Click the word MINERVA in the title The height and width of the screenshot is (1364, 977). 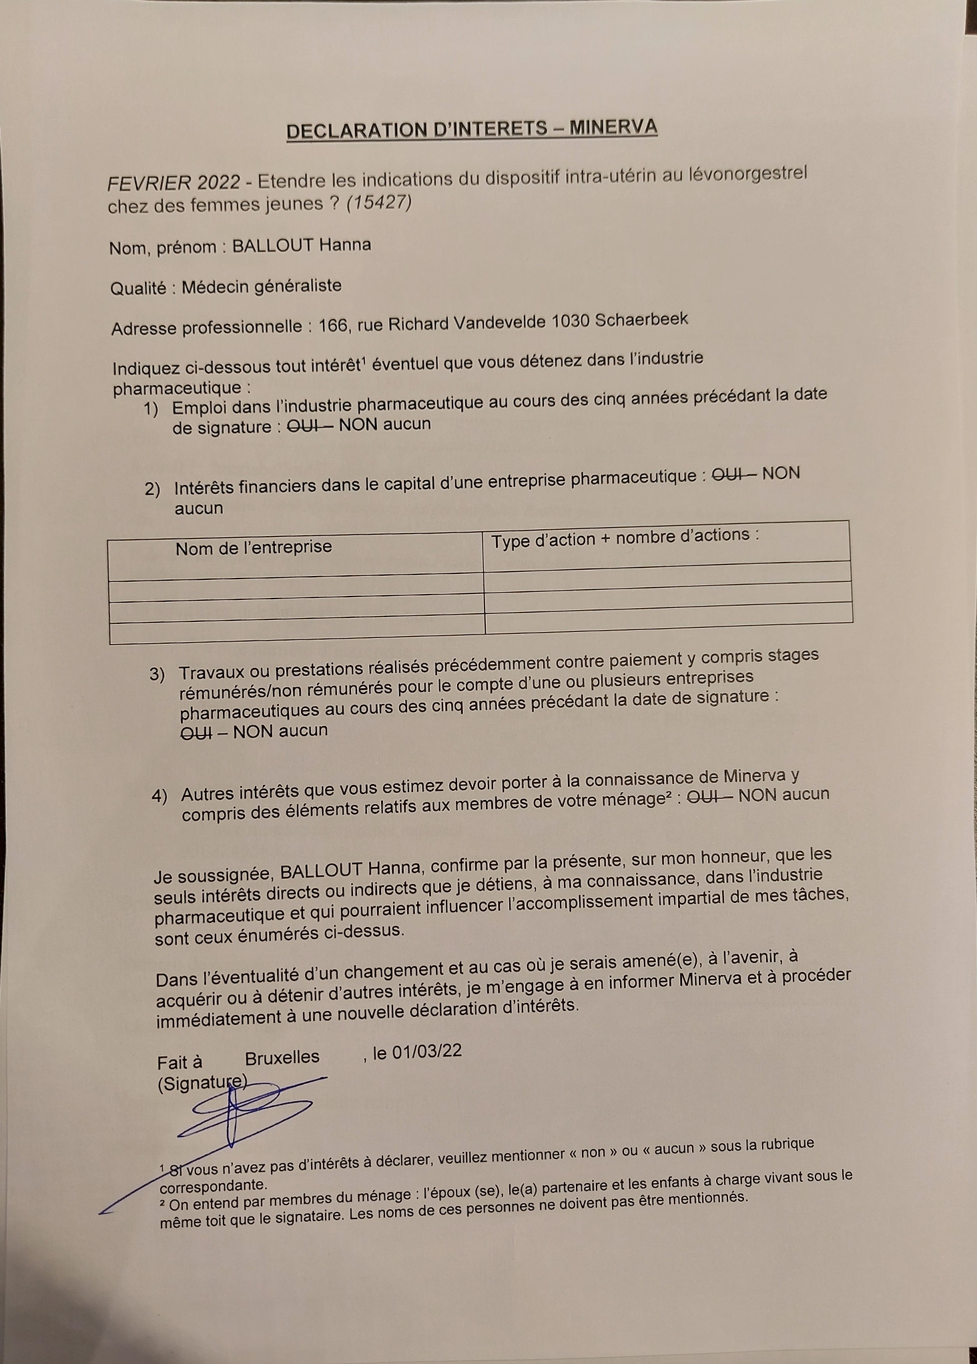pos(613,127)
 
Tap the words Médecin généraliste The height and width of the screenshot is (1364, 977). pos(262,286)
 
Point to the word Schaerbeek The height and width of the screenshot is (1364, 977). pos(641,319)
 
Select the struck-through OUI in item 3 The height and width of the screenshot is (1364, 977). pos(196,733)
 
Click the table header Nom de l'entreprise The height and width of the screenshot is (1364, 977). pos(254,548)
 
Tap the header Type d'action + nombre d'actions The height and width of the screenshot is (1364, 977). pos(625,537)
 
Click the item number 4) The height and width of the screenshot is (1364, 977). pos(159,795)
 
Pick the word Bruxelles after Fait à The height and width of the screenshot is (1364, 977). pos(282,1058)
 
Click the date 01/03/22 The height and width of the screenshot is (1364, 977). pos(427,1051)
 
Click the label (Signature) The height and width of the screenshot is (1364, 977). pos(202,1084)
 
